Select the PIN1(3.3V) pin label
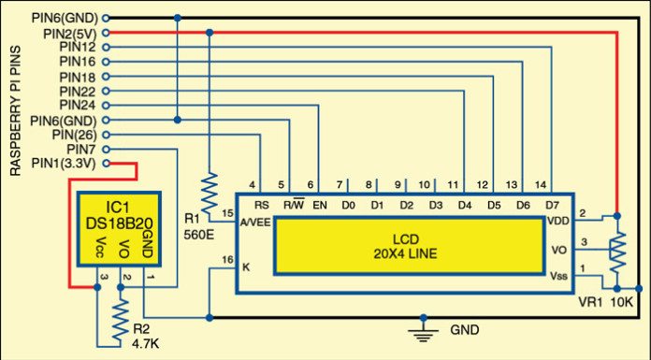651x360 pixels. coord(60,164)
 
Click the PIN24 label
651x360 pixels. coord(77,106)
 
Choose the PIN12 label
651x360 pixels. coord(77,47)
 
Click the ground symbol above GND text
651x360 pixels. coord(427,328)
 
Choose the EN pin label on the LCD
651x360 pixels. coord(320,205)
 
